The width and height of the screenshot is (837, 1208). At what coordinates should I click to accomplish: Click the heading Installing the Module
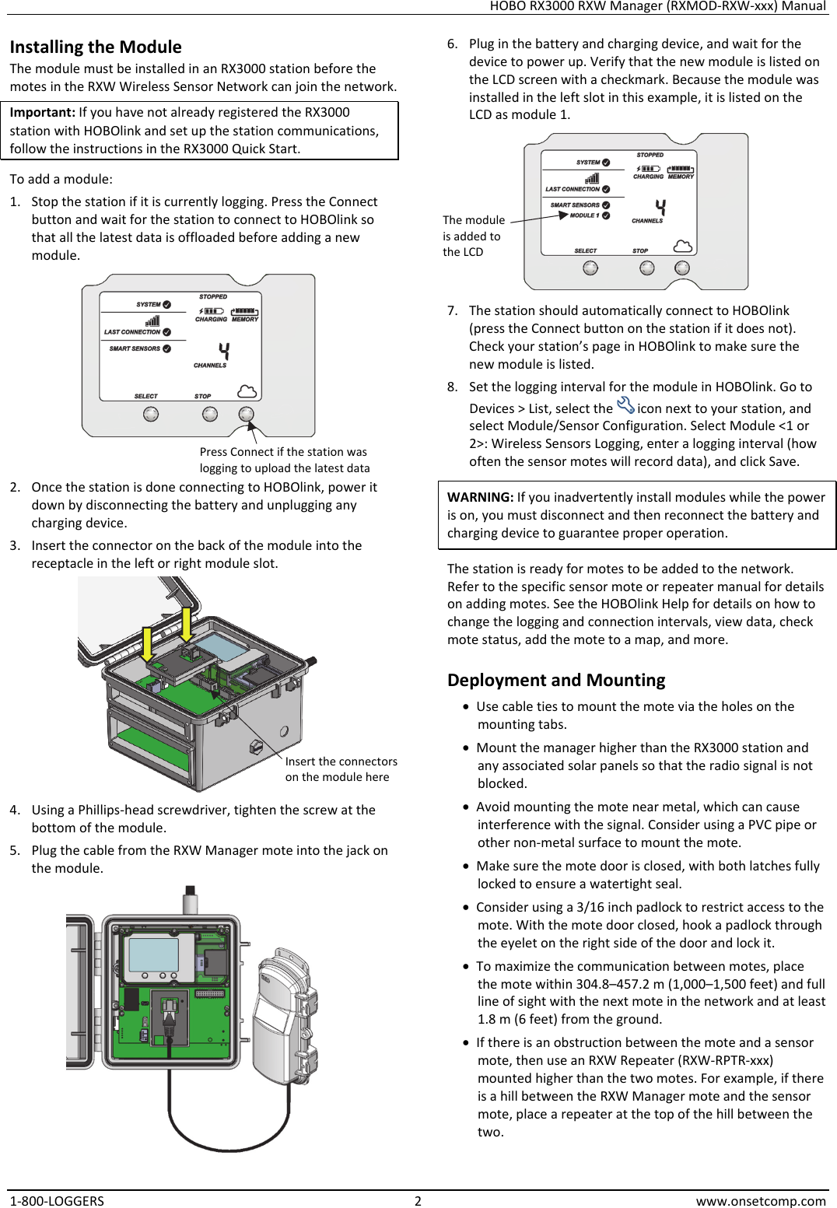[x=96, y=47]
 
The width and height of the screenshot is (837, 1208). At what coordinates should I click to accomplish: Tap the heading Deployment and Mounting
[x=556, y=680]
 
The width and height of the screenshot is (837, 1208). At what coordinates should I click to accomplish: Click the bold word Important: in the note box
[x=42, y=113]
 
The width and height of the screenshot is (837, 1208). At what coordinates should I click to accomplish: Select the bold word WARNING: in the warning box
[x=480, y=497]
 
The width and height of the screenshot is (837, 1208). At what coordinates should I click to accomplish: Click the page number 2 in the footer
[x=418, y=1200]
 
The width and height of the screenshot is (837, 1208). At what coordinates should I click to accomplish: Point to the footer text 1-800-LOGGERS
[x=57, y=1200]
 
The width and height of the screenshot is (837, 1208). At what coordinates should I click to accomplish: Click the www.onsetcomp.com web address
[x=760, y=1200]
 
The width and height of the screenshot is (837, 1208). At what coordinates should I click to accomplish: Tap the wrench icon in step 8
[x=625, y=405]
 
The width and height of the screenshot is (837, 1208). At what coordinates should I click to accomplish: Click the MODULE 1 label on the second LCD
[x=584, y=215]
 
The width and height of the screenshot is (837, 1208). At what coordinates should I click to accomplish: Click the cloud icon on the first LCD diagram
[x=247, y=390]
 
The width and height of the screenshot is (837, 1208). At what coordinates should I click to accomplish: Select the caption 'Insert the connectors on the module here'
[x=341, y=769]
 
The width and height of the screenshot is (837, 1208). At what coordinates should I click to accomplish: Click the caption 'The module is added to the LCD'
[x=473, y=236]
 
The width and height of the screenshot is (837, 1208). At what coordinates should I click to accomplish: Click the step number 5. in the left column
[x=15, y=850]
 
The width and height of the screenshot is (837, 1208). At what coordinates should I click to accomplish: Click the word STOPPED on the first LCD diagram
[x=213, y=296]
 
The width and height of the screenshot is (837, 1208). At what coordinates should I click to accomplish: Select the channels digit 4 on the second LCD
[x=660, y=207]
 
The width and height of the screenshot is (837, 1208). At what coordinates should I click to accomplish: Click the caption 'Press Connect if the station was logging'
[x=284, y=460]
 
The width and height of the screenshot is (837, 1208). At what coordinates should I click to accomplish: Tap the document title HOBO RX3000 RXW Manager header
[x=657, y=6]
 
